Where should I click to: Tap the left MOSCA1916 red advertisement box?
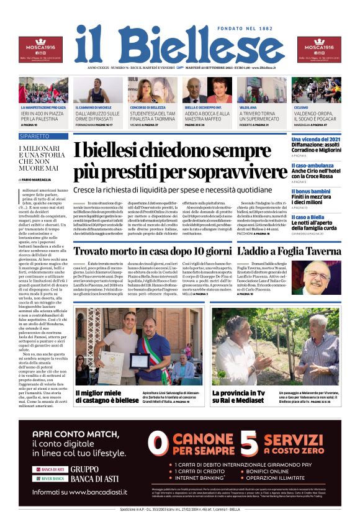point(40,49)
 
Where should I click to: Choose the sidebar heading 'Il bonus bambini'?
point(311,191)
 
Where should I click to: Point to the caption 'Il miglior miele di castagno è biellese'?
point(107,397)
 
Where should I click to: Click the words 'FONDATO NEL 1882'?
point(246,30)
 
